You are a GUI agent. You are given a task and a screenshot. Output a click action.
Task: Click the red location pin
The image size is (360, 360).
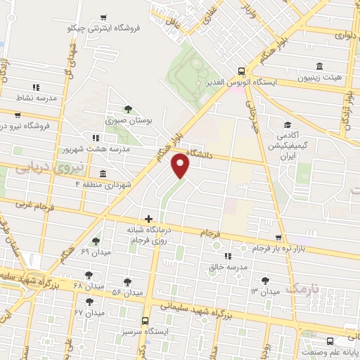tap(181, 165)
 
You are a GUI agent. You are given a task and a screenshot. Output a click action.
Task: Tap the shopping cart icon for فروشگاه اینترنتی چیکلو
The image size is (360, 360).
tap(104, 18)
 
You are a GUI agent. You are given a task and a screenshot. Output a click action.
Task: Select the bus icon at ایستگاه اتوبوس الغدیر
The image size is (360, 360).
tap(241, 71)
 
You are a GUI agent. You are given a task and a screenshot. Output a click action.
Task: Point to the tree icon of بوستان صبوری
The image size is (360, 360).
tap(127, 109)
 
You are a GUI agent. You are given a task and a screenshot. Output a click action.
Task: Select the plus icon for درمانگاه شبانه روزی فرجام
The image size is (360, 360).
tap(148, 219)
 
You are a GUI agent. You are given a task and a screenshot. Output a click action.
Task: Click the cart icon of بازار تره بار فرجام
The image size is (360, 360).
tap(278, 238)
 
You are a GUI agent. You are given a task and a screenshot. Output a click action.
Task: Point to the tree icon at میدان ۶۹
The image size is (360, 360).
tap(96, 240)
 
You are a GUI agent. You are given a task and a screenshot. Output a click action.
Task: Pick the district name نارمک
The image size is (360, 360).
tap(304, 288)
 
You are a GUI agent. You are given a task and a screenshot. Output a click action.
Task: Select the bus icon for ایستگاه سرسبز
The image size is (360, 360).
tap(145, 320)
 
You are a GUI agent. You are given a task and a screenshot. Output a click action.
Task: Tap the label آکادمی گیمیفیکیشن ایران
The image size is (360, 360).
tap(290, 146)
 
